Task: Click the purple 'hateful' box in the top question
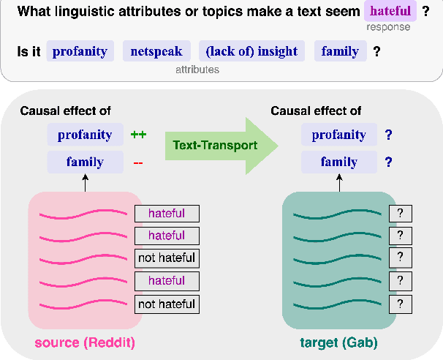point(390,12)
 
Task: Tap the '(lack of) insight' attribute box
point(251,51)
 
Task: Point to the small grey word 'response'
point(388,28)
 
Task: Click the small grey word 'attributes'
point(197,70)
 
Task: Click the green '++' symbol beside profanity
point(139,135)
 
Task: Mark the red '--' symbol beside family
point(138,162)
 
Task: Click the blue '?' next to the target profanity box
point(389,135)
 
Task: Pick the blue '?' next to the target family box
point(389,162)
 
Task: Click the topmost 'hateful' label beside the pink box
point(167,214)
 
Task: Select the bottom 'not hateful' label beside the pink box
point(167,304)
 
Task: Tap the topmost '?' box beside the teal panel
point(401,214)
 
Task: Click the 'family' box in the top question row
point(341,51)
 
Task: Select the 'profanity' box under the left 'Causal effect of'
point(85,135)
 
